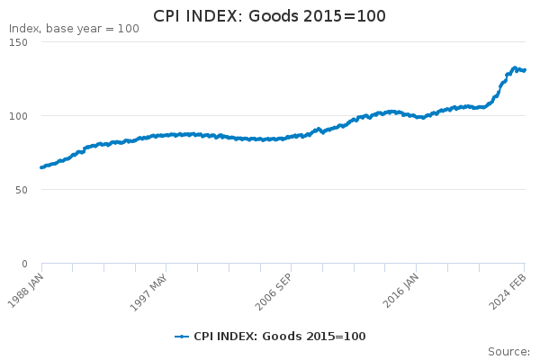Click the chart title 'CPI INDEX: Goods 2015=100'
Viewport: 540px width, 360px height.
[x=269, y=15]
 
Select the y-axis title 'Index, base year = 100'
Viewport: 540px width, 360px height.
[x=74, y=29]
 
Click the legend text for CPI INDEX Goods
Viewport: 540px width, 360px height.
[x=280, y=337]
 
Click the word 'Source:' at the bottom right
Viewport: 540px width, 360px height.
[x=508, y=351]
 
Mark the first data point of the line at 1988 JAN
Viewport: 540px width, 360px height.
[x=41, y=167]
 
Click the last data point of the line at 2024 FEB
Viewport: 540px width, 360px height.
[x=525, y=70]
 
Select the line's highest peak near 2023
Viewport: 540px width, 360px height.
[x=514, y=67]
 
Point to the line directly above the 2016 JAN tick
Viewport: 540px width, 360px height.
[x=416, y=116]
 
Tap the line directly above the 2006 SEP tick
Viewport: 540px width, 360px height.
[x=291, y=137]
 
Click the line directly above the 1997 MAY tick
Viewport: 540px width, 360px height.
[x=166, y=135]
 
